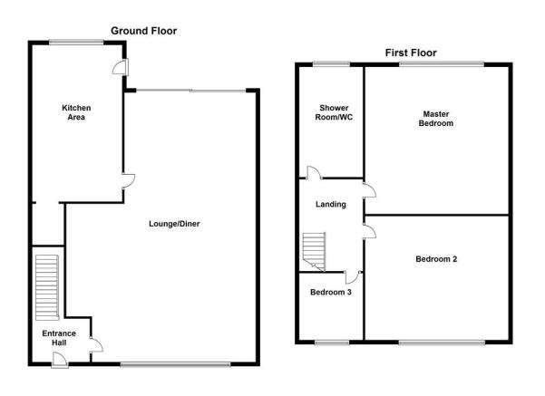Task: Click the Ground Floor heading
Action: point(144,31)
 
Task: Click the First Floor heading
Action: point(411,53)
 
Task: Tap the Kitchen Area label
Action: point(76,112)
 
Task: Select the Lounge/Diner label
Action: point(174,224)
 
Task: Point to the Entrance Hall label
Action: point(59,338)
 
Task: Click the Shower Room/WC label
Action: point(334,112)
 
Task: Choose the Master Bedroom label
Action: point(436,119)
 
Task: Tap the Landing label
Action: point(331,204)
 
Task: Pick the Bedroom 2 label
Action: point(436,259)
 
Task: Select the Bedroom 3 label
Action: point(331,292)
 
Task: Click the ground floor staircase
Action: point(47,287)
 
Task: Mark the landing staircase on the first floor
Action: point(314,252)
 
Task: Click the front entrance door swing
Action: point(60,359)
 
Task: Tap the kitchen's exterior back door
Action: point(121,67)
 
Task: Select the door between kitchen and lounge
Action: point(128,180)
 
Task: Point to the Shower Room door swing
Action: point(314,173)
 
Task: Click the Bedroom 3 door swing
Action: point(353,277)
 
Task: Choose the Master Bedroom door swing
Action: point(369,190)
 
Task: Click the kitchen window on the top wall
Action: point(76,43)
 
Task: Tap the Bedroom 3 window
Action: point(332,343)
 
